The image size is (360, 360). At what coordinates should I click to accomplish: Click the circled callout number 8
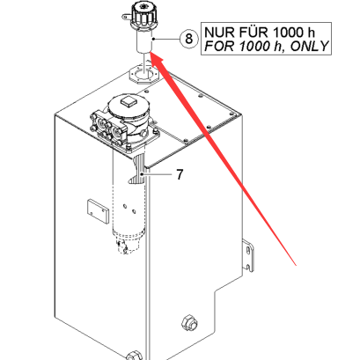(188, 39)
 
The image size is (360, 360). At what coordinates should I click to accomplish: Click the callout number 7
(180, 174)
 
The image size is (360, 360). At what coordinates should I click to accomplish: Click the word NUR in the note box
(217, 33)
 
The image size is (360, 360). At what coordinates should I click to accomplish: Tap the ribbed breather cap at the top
(143, 15)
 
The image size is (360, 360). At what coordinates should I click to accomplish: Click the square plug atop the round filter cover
(129, 102)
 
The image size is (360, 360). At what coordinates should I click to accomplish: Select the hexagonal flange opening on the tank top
(142, 74)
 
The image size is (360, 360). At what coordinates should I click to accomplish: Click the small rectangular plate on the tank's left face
(98, 212)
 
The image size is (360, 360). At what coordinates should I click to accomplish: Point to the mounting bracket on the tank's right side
(248, 254)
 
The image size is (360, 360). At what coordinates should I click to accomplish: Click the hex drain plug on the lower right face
(189, 323)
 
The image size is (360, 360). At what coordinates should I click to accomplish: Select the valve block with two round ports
(107, 127)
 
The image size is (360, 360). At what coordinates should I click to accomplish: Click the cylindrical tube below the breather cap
(143, 41)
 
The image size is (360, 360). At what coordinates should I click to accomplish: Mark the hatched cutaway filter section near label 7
(138, 170)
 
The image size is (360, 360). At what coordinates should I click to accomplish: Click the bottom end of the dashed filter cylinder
(129, 244)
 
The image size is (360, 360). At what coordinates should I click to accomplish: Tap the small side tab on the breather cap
(126, 18)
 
